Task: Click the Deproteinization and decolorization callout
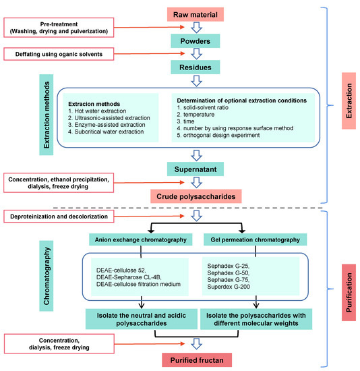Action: [58, 216]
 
